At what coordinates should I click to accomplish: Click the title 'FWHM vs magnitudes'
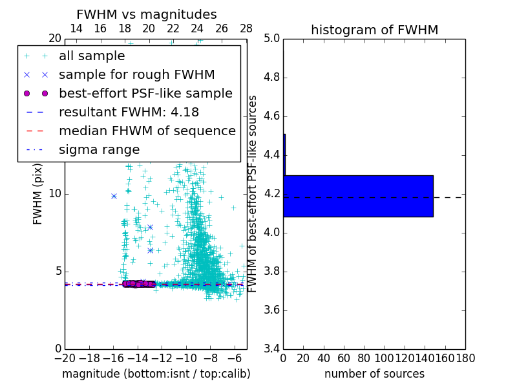[146, 14]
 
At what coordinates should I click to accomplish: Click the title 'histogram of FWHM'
[374, 30]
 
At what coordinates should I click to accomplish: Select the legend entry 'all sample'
[92, 56]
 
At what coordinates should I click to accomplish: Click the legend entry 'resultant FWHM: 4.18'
[129, 112]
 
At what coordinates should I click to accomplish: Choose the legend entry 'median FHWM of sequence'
[147, 131]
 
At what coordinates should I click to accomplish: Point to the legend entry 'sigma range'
[99, 149]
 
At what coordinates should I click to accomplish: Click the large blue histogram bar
[358, 196]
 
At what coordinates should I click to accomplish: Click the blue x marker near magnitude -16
[114, 196]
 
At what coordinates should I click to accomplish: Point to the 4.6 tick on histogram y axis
[272, 116]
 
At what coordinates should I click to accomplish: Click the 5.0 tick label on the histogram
[272, 39]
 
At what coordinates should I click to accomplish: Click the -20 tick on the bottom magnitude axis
[65, 358]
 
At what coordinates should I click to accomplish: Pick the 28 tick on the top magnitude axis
[246, 28]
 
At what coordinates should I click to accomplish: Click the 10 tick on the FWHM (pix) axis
[55, 194]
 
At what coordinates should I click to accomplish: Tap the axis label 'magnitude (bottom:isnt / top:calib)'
[156, 374]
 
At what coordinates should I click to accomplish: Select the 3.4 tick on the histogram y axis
[272, 349]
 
